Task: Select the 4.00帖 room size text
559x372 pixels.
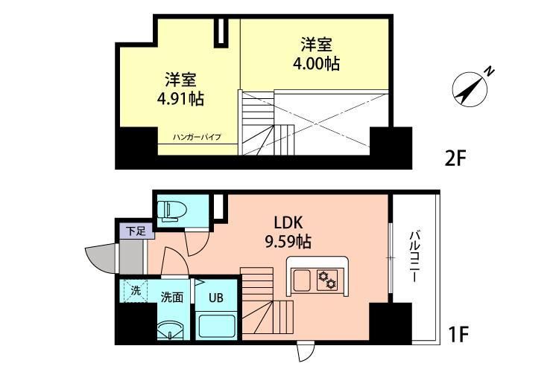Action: (317, 64)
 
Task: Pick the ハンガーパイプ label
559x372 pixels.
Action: (197, 138)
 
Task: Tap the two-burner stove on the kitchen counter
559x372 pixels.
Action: (326, 279)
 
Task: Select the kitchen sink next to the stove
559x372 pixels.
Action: (302, 280)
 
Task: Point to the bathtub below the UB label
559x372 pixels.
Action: (215, 325)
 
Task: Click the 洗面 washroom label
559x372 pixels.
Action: (172, 297)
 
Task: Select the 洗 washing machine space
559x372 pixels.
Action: (135, 291)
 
